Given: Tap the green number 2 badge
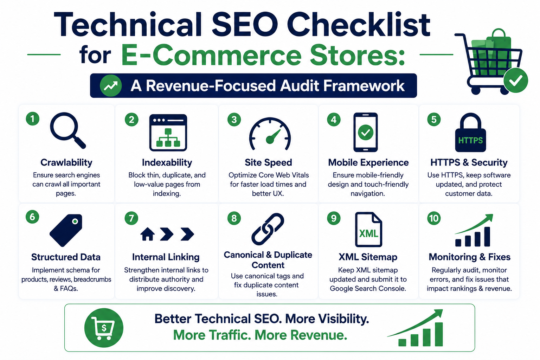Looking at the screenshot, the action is tap(131, 120).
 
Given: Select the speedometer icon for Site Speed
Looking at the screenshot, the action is tap(270, 134).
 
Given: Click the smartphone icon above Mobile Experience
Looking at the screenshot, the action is tap(366, 132).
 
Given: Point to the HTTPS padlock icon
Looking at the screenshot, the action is tap(470, 133).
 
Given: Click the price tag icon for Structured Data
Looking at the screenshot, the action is tap(66, 230).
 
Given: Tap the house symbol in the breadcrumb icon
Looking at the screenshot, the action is tap(148, 234).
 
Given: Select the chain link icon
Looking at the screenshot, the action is tap(268, 229).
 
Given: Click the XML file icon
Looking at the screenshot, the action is tap(368, 229).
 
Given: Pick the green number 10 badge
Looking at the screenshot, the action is tap(434, 218).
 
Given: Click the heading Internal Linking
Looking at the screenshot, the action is tap(166, 257).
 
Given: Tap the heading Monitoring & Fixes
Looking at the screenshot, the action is tap(469, 257).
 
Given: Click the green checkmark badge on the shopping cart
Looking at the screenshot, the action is tap(516, 81).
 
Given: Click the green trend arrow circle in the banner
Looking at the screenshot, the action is tap(111, 86).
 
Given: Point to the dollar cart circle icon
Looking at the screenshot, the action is tap(104, 328).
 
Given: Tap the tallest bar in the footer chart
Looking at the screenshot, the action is tap(439, 334).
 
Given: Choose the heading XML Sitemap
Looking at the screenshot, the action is tap(368, 257).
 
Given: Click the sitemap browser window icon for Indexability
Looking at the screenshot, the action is tap(168, 133).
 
